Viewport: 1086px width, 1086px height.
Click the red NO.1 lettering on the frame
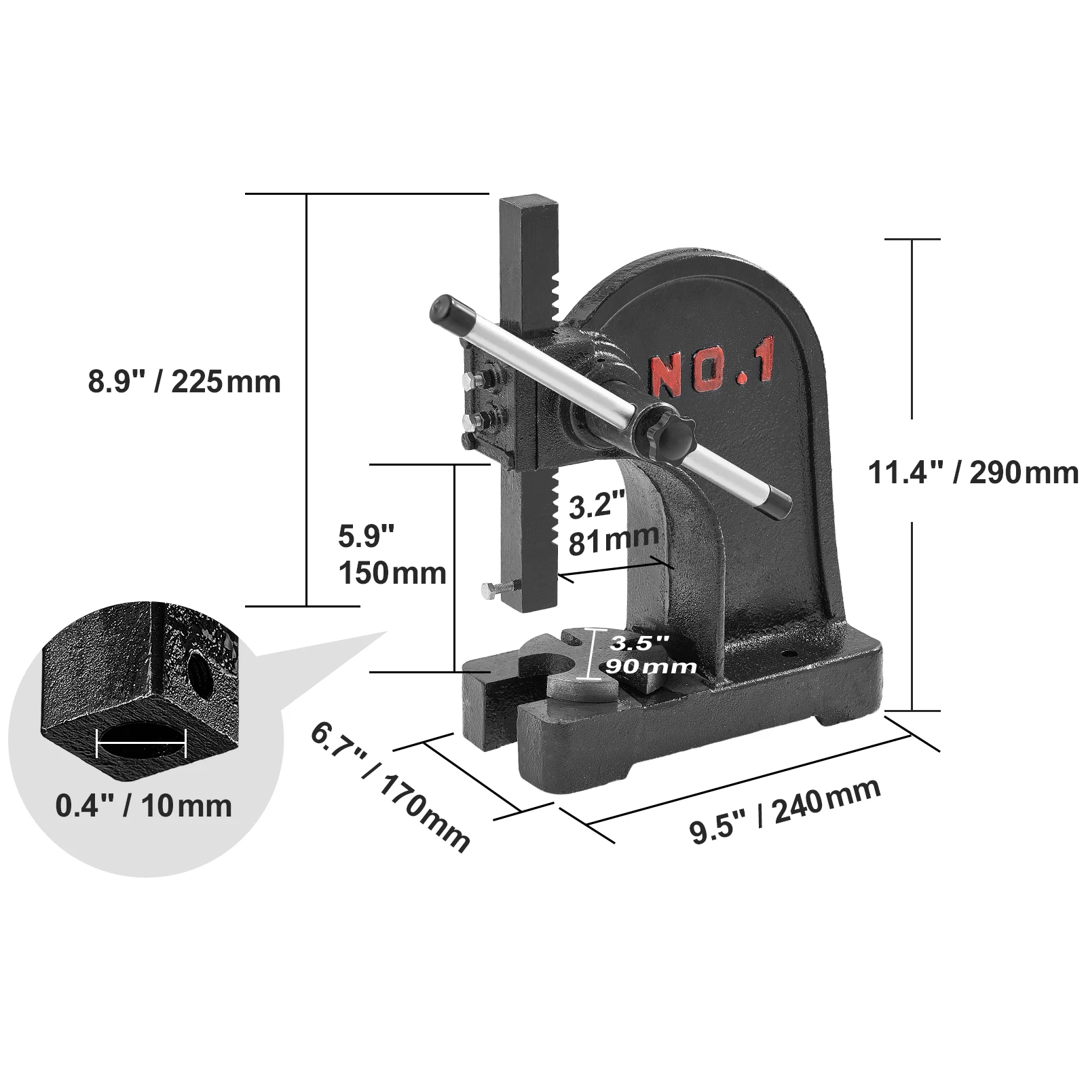[x=712, y=373]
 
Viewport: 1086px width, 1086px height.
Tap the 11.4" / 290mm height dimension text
[x=973, y=472]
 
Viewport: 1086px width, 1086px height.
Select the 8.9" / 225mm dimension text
[x=184, y=381]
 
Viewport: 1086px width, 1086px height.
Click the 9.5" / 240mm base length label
[x=785, y=811]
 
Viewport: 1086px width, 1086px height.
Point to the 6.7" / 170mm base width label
[x=390, y=787]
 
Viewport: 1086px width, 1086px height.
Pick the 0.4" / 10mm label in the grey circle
[x=143, y=806]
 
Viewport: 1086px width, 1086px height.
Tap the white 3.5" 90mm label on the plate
[x=649, y=654]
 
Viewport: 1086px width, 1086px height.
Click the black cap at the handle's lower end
[x=777, y=503]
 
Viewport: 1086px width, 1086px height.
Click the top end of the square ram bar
[x=528, y=204]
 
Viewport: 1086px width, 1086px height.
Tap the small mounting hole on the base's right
[x=789, y=655]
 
